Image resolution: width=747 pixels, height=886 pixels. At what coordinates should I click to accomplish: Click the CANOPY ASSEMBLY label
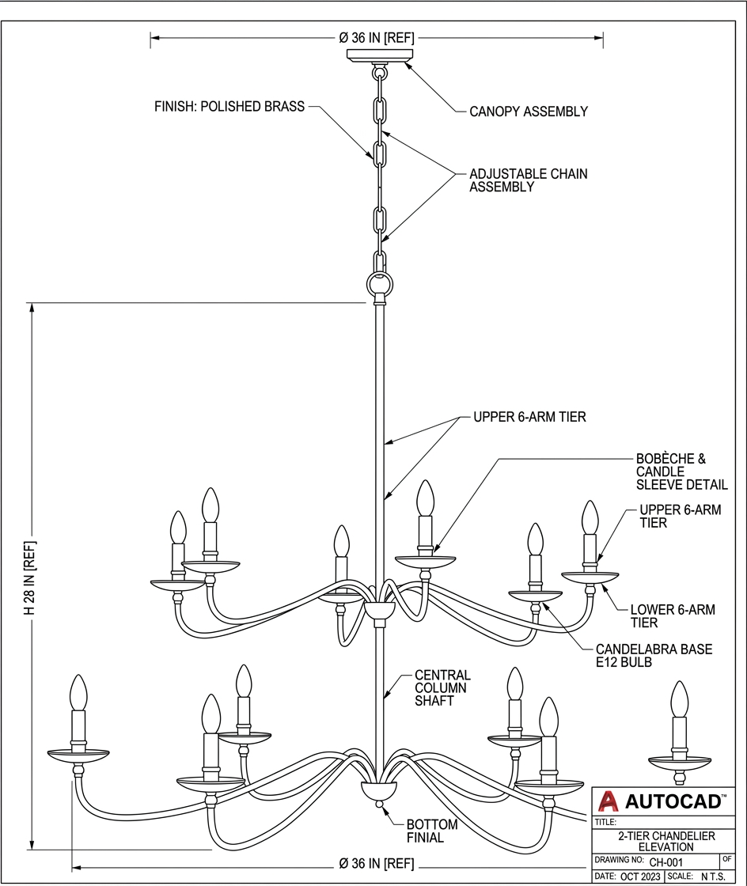(x=528, y=112)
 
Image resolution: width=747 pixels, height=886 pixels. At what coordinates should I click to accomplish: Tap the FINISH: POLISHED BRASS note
(x=229, y=107)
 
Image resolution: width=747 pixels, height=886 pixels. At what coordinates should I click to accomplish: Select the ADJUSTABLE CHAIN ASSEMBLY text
(x=528, y=180)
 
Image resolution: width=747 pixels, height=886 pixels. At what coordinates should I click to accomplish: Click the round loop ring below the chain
(x=380, y=283)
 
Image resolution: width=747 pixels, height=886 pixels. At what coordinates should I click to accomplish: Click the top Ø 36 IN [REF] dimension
(x=377, y=37)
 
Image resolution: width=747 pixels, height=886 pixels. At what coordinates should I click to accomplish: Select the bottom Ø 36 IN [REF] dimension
(x=377, y=863)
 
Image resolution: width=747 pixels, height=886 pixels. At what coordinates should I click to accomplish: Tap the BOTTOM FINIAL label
(x=431, y=831)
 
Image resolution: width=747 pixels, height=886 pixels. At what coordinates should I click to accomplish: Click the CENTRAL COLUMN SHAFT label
(x=442, y=688)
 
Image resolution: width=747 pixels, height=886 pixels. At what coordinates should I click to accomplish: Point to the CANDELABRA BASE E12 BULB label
(x=654, y=656)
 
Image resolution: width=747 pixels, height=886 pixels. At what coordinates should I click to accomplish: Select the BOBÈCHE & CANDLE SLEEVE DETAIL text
(x=670, y=471)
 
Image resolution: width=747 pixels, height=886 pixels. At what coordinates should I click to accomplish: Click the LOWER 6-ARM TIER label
(x=672, y=616)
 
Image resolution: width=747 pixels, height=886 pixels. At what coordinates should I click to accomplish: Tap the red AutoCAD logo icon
(x=608, y=802)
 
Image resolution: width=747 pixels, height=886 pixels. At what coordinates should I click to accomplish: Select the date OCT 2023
(x=639, y=877)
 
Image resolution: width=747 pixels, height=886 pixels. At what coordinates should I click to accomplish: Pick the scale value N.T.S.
(x=713, y=877)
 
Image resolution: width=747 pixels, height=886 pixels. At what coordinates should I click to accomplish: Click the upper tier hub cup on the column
(x=380, y=610)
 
